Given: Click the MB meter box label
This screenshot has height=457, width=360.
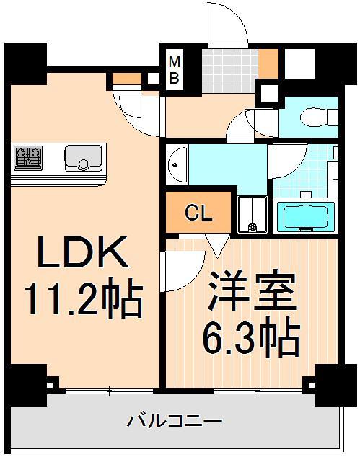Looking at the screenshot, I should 174,70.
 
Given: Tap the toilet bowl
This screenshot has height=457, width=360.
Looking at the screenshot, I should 315,115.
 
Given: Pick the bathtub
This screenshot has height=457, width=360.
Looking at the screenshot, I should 304,217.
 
